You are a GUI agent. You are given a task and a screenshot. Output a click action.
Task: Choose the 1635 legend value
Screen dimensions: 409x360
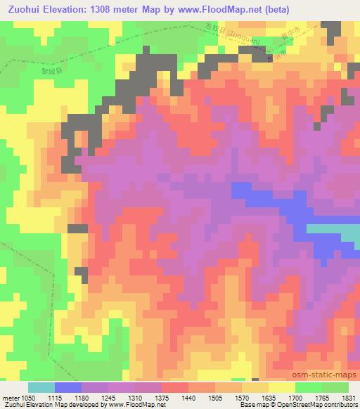click(269, 397)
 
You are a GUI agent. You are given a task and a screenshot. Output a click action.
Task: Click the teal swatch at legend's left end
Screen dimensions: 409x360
click(41, 387)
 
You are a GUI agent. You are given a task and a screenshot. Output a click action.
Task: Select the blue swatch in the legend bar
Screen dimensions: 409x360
click(68, 387)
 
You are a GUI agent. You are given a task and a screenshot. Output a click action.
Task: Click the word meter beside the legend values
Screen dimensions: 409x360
click(11, 397)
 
